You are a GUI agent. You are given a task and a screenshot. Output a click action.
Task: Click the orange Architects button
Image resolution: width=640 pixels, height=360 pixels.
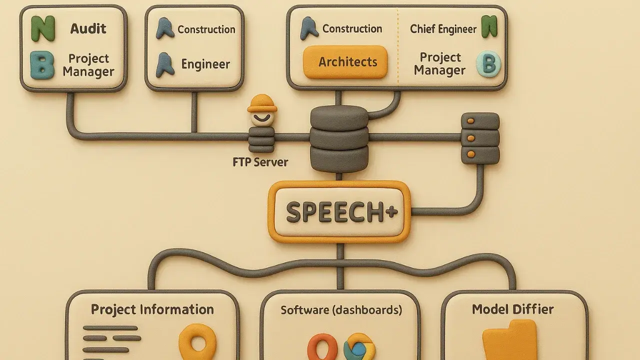[x=345, y=62]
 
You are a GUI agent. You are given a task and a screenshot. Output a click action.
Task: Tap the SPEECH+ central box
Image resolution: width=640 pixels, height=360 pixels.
[x=339, y=212]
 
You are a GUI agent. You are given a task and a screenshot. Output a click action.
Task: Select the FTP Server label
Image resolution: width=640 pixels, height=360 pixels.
[x=260, y=162]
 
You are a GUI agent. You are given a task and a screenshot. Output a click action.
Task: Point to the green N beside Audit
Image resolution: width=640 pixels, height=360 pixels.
[x=43, y=28]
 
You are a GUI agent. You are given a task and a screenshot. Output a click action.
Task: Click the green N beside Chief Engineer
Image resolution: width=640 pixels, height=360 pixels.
[x=489, y=27]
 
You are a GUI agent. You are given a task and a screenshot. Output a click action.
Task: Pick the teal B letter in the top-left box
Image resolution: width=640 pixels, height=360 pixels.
[x=42, y=65]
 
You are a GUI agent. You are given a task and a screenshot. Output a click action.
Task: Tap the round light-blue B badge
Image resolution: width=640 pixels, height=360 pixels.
[x=488, y=64]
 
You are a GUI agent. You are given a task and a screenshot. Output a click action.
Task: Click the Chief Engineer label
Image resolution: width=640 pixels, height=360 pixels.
[x=443, y=29]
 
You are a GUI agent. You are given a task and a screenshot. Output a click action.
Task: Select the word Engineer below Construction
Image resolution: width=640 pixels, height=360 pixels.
[x=205, y=64]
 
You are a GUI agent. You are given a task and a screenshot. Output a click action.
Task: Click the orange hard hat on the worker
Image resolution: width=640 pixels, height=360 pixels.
[x=262, y=103]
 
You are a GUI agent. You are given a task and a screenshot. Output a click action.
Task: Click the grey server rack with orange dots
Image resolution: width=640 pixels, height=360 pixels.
[x=480, y=138]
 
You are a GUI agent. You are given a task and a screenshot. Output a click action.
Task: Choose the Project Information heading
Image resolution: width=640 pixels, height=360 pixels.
[x=152, y=309]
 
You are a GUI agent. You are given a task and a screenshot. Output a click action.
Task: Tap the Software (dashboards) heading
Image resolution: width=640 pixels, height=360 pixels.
[x=341, y=310]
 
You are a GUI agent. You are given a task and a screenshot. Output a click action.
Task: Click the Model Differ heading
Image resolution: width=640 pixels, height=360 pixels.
[x=512, y=309]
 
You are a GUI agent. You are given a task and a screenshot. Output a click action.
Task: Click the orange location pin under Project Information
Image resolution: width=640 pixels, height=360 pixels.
[x=197, y=342]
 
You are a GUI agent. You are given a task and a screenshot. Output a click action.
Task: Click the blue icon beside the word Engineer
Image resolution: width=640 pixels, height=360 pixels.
[x=165, y=65]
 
